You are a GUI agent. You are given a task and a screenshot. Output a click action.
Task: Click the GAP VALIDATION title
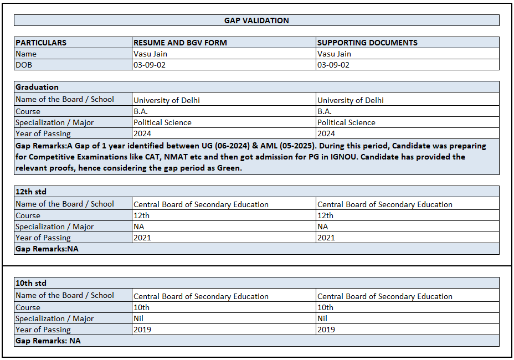256,20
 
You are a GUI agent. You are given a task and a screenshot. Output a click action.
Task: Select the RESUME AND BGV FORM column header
180,43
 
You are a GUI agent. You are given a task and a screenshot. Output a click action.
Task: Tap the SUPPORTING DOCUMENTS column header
367,43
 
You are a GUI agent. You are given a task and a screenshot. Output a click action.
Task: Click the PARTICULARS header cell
41,43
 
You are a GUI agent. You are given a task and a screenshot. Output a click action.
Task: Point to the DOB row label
24,65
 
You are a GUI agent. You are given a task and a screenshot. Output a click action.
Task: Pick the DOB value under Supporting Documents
333,65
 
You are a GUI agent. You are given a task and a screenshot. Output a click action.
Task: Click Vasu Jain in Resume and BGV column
150,54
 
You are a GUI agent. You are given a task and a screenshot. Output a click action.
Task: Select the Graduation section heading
37,87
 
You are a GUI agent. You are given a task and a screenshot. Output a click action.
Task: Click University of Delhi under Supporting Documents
350,100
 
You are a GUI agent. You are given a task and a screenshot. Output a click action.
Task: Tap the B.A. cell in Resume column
141,111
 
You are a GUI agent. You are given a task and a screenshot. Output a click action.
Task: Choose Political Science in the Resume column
162,122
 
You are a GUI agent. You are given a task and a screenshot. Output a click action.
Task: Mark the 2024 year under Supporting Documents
326,133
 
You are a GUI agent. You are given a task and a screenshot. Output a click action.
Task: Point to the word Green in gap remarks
228,168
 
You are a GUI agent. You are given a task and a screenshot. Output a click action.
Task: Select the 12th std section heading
31,192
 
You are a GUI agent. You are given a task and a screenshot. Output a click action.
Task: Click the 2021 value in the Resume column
142,238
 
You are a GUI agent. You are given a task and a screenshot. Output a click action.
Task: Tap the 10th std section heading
31,283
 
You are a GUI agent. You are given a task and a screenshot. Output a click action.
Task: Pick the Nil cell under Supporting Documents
322,318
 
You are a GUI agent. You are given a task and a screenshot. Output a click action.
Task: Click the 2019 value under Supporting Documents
326,330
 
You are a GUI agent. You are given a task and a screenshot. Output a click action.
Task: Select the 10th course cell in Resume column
141,307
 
